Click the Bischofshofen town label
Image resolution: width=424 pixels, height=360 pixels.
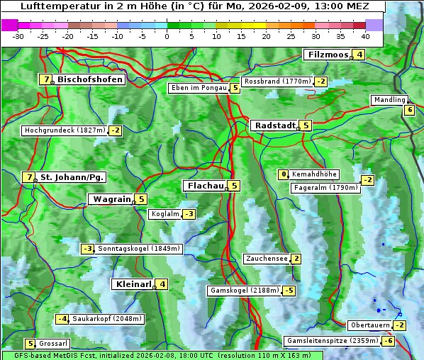pyautogui.click(x=90, y=79)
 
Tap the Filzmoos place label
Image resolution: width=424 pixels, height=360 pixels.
pyautogui.click(x=327, y=55)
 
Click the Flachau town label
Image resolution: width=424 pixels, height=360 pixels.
pyautogui.click(x=204, y=186)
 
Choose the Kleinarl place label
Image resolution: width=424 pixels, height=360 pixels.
pyautogui.click(x=133, y=284)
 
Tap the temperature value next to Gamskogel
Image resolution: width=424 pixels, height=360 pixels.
pyautogui.click(x=289, y=291)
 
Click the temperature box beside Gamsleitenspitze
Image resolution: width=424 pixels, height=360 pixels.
pyautogui.click(x=388, y=341)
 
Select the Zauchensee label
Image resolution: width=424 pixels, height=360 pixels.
pyautogui.click(x=266, y=259)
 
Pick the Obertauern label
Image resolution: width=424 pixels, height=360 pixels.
pyautogui.click(x=370, y=325)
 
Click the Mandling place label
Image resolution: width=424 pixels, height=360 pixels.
pyautogui.click(x=389, y=101)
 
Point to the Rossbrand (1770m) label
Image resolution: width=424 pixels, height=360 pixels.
pyautogui.click(x=277, y=81)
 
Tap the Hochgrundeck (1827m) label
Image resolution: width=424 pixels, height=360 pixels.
pyautogui.click(x=64, y=130)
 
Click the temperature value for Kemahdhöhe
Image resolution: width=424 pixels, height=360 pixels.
pyautogui.click(x=284, y=174)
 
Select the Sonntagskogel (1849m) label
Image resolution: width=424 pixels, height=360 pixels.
pyautogui.click(x=139, y=249)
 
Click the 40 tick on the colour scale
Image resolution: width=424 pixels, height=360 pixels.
pyautogui.click(x=365, y=35)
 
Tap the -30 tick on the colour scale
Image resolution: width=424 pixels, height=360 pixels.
pyautogui.click(x=18, y=35)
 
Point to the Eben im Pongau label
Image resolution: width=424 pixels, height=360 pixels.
pyautogui.click(x=198, y=88)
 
